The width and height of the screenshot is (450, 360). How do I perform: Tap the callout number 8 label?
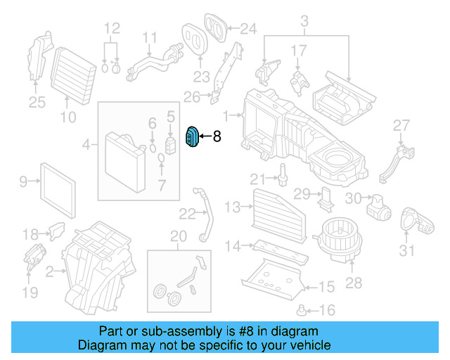tap(217, 137)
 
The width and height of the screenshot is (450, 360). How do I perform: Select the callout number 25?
tap(37, 103)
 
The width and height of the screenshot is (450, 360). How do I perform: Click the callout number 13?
tap(233, 206)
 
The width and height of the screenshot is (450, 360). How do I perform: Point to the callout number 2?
tap(50, 270)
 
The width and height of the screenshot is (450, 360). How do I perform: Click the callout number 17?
tap(299, 51)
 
